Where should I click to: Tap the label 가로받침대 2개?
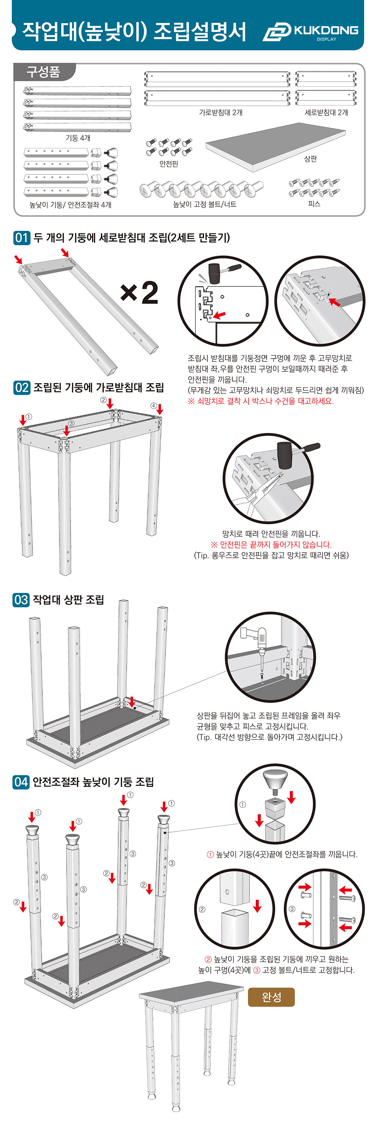221,113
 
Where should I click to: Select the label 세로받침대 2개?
326,113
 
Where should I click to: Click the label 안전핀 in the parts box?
169,164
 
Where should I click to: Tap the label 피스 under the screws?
314,204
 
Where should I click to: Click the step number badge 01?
21,238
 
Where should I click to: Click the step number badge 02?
21,387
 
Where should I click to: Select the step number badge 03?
21,600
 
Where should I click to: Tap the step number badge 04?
21,781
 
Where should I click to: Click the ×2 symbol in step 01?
139,293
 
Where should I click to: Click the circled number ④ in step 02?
153,406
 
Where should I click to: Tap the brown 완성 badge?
271,997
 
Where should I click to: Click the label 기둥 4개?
78,138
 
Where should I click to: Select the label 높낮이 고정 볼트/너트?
205,204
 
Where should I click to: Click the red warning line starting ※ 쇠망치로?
261,401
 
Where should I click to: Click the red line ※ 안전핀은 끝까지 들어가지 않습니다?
271,545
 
